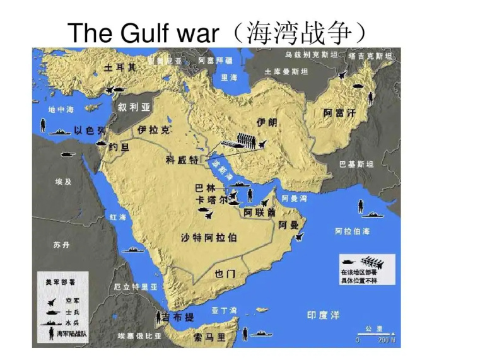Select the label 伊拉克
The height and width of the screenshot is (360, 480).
click(153, 130)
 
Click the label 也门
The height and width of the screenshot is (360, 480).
click(225, 274)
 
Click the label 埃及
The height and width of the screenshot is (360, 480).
click(64, 181)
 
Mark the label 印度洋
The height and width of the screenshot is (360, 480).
click(323, 315)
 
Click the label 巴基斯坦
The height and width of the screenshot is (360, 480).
click(357, 164)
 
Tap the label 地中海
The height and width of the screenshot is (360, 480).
click(61, 109)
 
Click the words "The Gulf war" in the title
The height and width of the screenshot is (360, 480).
click(142, 32)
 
